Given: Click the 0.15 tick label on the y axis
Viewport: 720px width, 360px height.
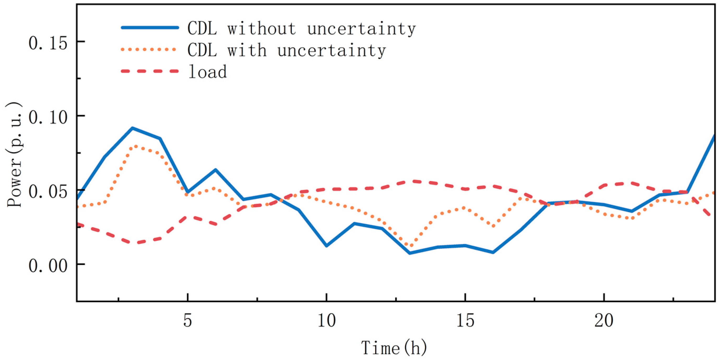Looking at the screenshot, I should point(48,44).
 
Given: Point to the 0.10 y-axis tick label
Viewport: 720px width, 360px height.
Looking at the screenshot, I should point(48,118).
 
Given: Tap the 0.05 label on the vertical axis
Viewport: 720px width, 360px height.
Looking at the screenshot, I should point(48,192).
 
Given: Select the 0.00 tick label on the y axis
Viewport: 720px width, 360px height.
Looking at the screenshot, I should point(48,266).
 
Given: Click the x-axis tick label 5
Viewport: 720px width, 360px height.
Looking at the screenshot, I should point(188,321).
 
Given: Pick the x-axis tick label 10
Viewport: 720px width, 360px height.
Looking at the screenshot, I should point(327,321).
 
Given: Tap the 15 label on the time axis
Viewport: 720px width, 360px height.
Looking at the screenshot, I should point(465,321).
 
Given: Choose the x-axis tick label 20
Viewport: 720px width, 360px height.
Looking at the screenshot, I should point(604,321).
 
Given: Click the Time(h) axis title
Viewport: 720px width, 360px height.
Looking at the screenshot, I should point(394,347).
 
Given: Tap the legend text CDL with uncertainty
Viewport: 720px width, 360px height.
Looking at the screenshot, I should point(286,51).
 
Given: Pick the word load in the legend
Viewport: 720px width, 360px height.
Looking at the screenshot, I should point(207,72).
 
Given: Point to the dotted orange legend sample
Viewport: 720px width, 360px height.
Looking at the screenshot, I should point(149,50).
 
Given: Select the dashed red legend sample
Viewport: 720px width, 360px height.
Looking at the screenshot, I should point(150,71).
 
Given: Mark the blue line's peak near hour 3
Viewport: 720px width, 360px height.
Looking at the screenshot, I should point(132,128).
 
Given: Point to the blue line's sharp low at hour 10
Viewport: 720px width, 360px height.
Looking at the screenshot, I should point(327,246).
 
